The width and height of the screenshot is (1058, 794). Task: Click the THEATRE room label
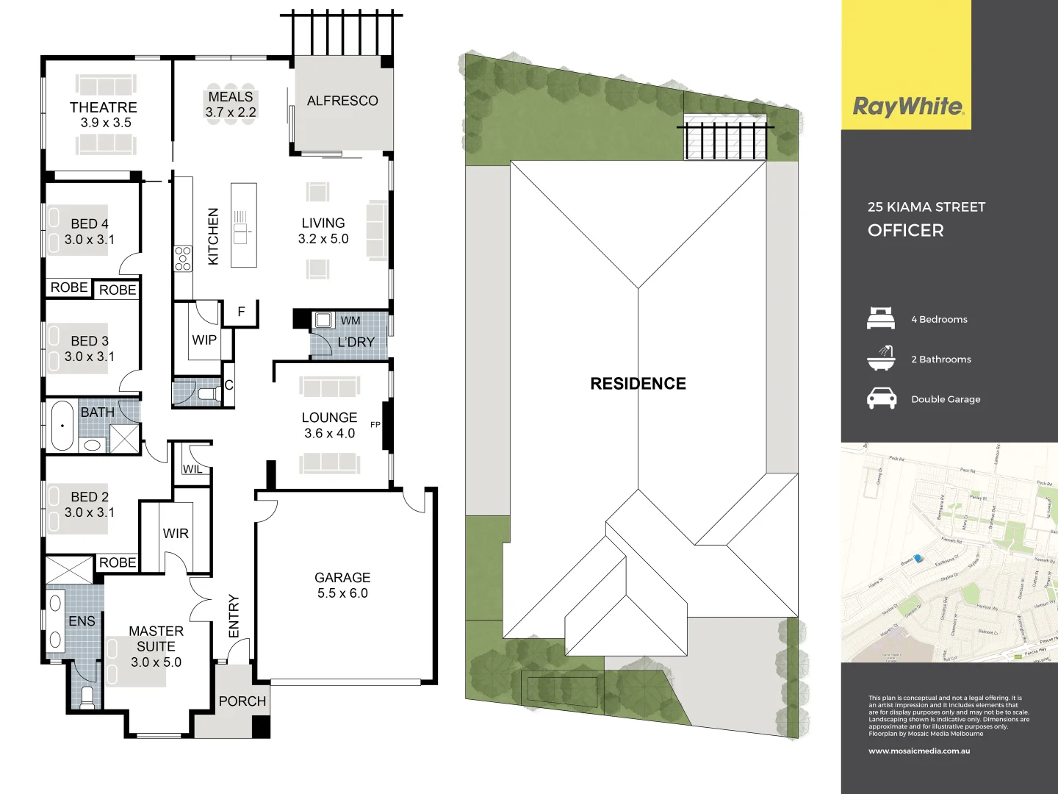coord(104,107)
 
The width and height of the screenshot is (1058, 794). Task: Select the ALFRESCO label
coord(342,101)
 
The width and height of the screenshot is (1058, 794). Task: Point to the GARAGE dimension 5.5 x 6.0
coord(342,593)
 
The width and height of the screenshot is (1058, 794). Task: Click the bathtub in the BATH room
coord(62,426)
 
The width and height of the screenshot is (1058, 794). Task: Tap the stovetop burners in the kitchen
coord(183,259)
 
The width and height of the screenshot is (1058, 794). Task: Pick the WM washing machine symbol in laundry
coord(323,320)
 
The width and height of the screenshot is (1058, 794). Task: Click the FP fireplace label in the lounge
coord(375,425)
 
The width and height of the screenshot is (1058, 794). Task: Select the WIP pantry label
coord(204,340)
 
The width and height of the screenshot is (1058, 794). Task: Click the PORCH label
coord(242,701)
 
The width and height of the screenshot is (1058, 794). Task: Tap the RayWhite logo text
coord(907,107)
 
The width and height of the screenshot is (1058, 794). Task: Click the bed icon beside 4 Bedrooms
coord(881,318)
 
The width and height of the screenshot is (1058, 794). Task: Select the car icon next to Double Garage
coord(881,398)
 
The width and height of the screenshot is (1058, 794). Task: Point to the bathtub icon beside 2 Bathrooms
coord(881,358)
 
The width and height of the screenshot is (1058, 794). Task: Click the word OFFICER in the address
coord(905,231)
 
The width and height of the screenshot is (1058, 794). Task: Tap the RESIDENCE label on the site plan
coord(638,384)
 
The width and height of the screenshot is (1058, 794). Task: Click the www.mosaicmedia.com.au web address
coord(919,751)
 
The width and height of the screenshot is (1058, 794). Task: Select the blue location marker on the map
coord(918,559)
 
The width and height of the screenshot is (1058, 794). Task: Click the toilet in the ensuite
coord(87,696)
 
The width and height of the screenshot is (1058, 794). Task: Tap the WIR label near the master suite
coord(176,534)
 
